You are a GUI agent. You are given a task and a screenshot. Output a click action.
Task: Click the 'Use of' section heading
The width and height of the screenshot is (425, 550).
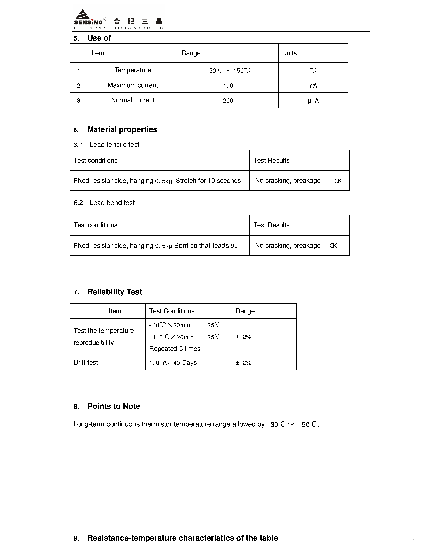[x=99, y=38]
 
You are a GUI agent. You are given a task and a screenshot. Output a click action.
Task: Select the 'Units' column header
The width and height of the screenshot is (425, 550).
[x=289, y=53]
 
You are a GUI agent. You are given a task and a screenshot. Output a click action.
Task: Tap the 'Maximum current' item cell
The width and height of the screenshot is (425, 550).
[x=132, y=85]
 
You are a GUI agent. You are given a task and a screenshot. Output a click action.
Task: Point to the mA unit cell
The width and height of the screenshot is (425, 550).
[x=313, y=86]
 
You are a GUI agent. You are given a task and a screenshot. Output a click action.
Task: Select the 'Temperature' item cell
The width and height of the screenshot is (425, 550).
[x=132, y=70]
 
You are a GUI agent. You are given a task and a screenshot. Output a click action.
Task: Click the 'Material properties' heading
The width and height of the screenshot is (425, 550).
[x=122, y=129]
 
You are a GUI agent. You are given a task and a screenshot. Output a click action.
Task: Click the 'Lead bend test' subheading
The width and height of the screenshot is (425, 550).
[x=112, y=203]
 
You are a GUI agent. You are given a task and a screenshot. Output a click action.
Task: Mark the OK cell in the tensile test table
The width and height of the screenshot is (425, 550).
[x=338, y=181]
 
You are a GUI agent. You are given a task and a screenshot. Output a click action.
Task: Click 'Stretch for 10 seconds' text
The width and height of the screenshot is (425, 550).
[x=208, y=181]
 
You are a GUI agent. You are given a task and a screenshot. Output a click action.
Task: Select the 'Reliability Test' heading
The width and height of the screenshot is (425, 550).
[x=115, y=292]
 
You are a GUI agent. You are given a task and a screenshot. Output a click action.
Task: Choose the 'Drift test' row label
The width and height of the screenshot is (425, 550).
[x=86, y=362]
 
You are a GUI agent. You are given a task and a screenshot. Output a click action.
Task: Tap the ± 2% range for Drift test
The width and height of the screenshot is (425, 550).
[x=243, y=363]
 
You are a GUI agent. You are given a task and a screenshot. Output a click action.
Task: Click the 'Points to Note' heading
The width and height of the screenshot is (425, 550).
[x=114, y=406]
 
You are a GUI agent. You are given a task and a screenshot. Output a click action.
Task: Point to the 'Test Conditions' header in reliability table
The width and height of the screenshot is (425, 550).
[x=172, y=311]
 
